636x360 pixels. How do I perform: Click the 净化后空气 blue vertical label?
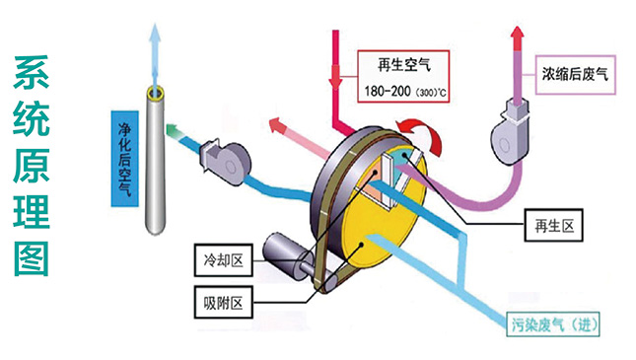pos(123,159)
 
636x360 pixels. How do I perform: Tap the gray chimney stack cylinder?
pos(156,163)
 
